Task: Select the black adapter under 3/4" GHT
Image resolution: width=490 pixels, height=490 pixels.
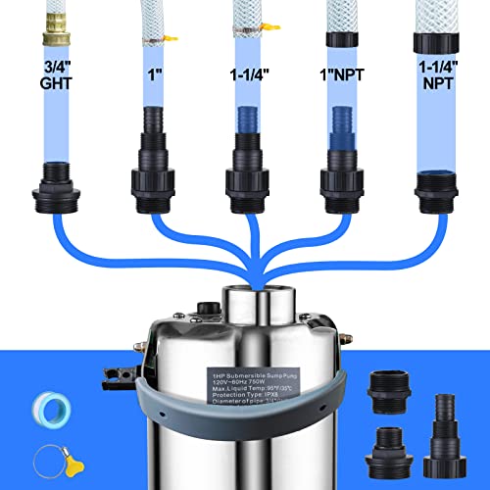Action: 59,189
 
